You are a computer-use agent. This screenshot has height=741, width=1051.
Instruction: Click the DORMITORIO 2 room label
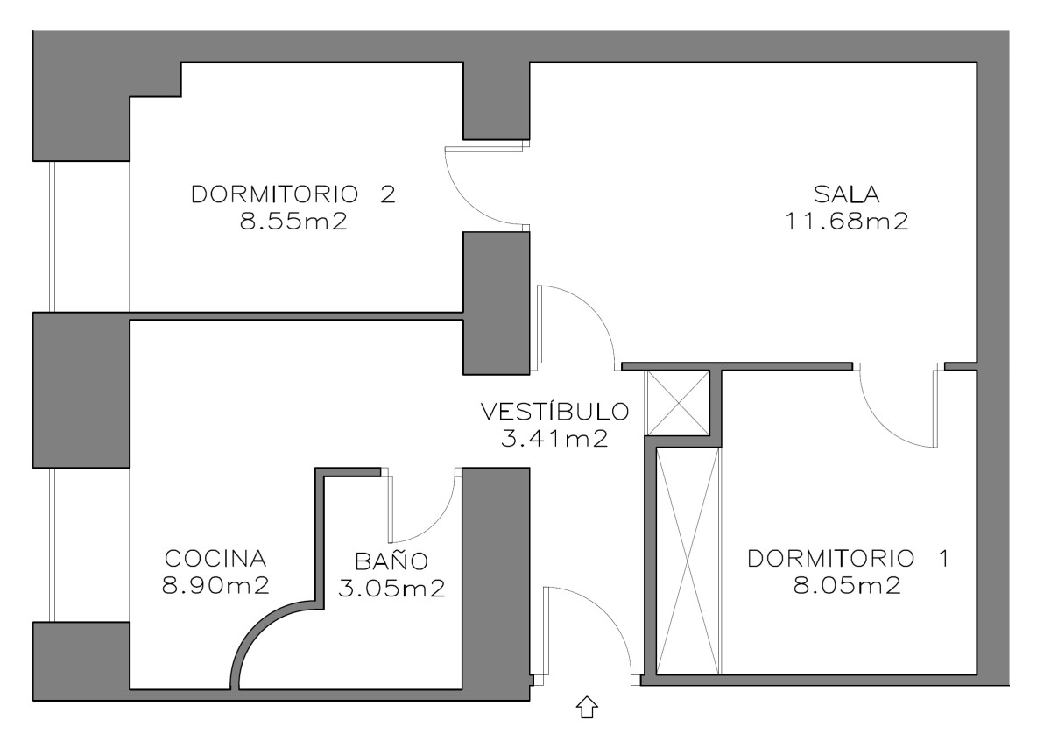[293, 194]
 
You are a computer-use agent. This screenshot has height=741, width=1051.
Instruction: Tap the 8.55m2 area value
[294, 222]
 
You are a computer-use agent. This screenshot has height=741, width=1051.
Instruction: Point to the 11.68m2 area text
[845, 222]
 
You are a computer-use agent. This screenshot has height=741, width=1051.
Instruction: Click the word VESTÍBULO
[554, 411]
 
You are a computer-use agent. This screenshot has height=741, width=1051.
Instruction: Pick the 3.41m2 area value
[554, 439]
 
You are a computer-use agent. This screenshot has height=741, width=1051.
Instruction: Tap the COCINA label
[215, 558]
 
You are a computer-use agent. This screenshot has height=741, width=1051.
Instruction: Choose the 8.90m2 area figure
[215, 586]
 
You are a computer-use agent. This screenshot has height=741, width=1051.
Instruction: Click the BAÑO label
[391, 561]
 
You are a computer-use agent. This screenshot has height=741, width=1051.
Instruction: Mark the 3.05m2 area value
[391, 589]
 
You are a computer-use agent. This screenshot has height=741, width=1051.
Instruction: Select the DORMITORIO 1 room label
[848, 558]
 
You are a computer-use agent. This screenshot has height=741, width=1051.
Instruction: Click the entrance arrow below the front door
[587, 707]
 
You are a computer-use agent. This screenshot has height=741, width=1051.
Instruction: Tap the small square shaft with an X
[677, 402]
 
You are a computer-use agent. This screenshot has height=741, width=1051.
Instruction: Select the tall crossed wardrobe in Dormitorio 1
[688, 561]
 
